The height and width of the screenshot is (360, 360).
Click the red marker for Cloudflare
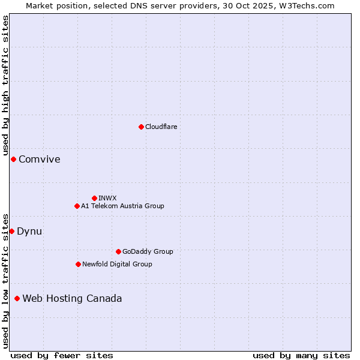coord(141,127)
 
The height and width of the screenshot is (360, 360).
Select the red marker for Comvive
coord(13,159)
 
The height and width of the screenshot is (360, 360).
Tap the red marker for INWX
coord(94,198)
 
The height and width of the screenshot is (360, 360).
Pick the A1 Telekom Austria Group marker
coord(77,206)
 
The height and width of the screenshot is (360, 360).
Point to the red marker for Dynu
coord(11,231)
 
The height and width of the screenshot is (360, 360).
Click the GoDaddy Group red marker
coord(118,251)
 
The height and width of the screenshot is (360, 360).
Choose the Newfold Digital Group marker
coord(78,264)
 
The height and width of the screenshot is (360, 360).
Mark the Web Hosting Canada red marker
coord(17,298)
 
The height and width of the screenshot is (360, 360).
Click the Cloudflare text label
coord(161,127)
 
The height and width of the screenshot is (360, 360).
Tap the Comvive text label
coord(40,159)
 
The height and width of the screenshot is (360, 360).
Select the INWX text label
coord(107,198)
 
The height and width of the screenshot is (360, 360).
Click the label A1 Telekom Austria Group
coord(122,206)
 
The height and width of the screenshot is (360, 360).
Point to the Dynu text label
coord(29,231)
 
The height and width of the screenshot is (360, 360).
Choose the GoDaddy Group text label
coord(148,251)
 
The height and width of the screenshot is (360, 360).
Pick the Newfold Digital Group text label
coord(117,264)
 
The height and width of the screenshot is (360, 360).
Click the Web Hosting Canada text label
coord(72,298)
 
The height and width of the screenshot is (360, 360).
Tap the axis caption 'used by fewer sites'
coord(62,355)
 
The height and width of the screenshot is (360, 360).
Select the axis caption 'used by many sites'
coord(301,355)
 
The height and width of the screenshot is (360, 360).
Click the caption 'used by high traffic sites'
coord(5,85)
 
